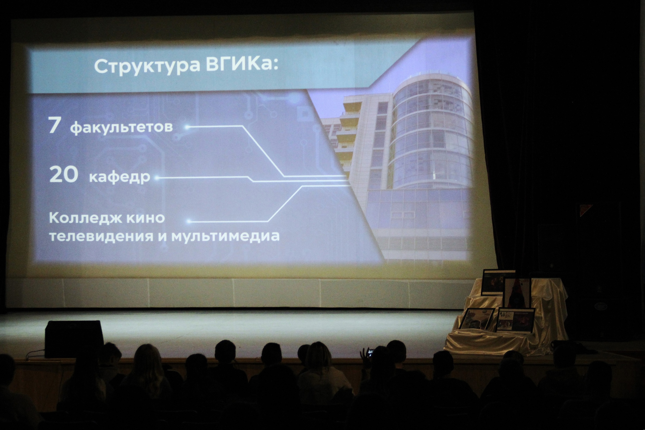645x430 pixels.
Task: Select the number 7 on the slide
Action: [54, 125]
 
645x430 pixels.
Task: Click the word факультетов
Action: [121, 127]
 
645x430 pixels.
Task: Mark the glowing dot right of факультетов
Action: [187, 127]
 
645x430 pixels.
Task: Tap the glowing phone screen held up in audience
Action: [370, 352]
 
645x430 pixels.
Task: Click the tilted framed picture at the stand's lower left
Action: [477, 319]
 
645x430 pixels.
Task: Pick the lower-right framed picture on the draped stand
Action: [515, 321]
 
